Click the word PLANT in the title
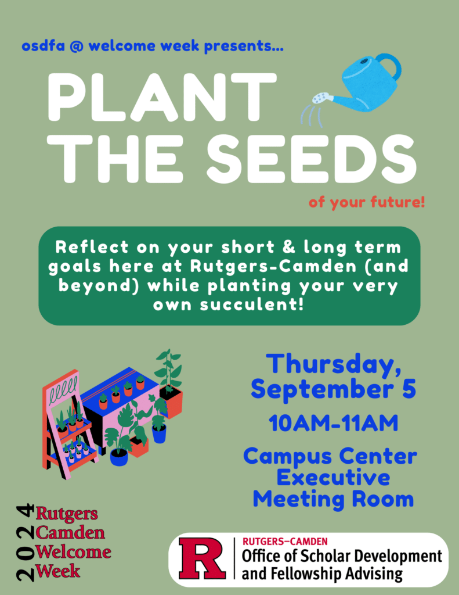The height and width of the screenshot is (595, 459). (162, 98)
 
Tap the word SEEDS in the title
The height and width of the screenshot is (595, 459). (311, 159)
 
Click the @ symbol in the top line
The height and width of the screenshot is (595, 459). (77, 46)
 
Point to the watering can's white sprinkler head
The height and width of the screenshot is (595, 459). (321, 98)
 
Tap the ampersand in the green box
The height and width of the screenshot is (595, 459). (289, 247)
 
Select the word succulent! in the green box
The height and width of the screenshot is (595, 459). (252, 304)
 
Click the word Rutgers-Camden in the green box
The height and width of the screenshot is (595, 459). (273, 267)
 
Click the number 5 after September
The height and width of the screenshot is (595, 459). (409, 389)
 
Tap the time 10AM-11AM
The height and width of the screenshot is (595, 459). (334, 423)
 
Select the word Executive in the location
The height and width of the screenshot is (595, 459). (333, 478)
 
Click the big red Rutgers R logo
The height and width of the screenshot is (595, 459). (202, 558)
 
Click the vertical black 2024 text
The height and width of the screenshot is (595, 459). (25, 543)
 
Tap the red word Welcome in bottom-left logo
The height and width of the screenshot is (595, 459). (73, 552)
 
